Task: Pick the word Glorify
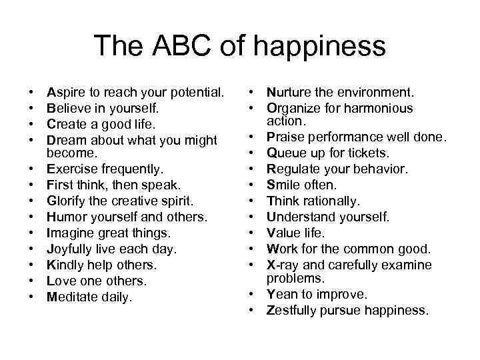click(x=68, y=201)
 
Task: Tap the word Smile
click(x=283, y=185)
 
